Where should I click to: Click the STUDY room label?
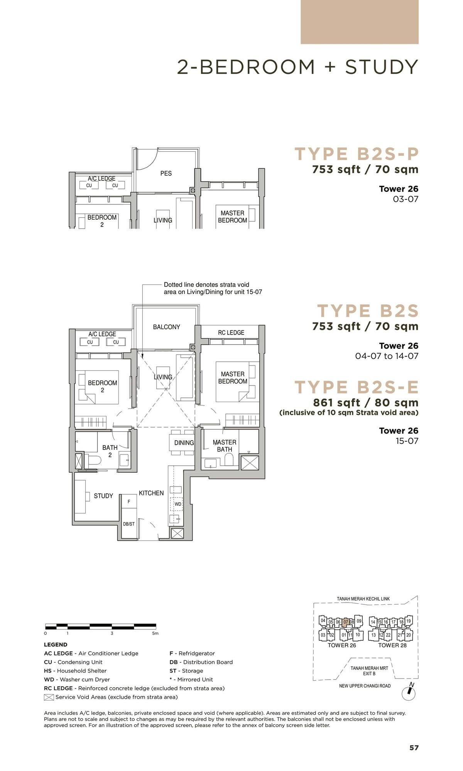103,496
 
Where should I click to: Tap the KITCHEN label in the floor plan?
151,493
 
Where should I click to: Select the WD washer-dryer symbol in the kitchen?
177,504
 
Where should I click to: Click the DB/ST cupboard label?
129,524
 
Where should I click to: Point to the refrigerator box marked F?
129,502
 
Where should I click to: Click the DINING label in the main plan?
184,443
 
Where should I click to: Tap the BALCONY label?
166,327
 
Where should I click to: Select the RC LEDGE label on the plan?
231,332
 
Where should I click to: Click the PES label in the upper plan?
166,173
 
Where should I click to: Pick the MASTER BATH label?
225,446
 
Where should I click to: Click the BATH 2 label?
110,451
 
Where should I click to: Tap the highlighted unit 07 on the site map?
346,622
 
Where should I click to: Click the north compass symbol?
409,693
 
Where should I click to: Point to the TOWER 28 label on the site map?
392,645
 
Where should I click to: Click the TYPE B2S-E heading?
357,387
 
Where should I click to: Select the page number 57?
414,748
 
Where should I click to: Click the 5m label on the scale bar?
155,633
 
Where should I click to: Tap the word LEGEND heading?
56,645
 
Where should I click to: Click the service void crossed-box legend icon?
49,697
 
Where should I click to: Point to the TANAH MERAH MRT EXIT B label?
369,670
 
